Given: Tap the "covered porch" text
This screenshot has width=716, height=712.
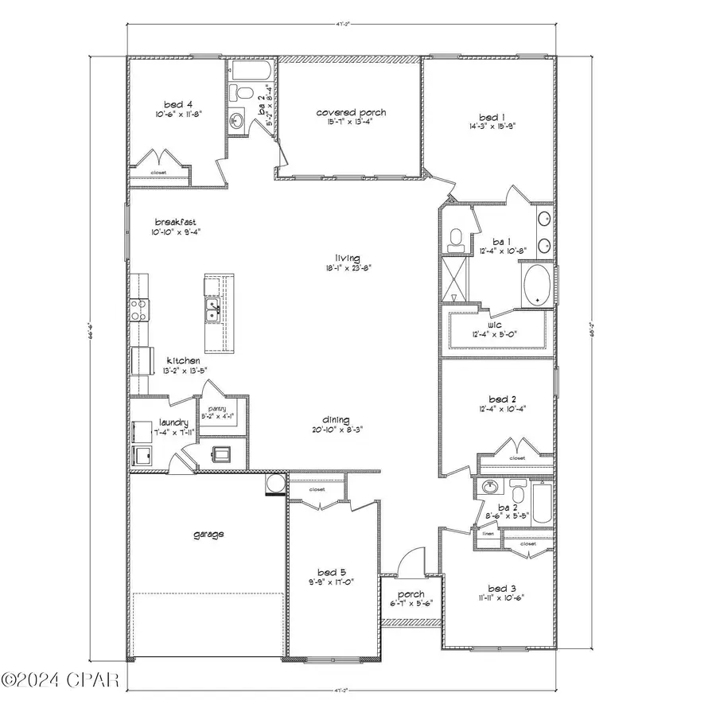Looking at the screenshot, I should coord(351,113).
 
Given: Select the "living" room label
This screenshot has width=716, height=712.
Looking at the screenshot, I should coord(348,258).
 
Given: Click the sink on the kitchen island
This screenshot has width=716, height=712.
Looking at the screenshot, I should coord(213,309).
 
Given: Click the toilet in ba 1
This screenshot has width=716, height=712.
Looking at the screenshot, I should coord(456,236).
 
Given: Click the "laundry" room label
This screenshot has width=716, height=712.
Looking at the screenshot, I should coord(173,422).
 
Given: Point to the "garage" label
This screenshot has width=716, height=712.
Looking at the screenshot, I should coord(208,535).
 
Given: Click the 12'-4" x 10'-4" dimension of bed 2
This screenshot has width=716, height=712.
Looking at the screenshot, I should coord(498,409).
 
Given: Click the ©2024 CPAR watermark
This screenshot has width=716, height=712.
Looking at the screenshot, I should coord(60,680).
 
